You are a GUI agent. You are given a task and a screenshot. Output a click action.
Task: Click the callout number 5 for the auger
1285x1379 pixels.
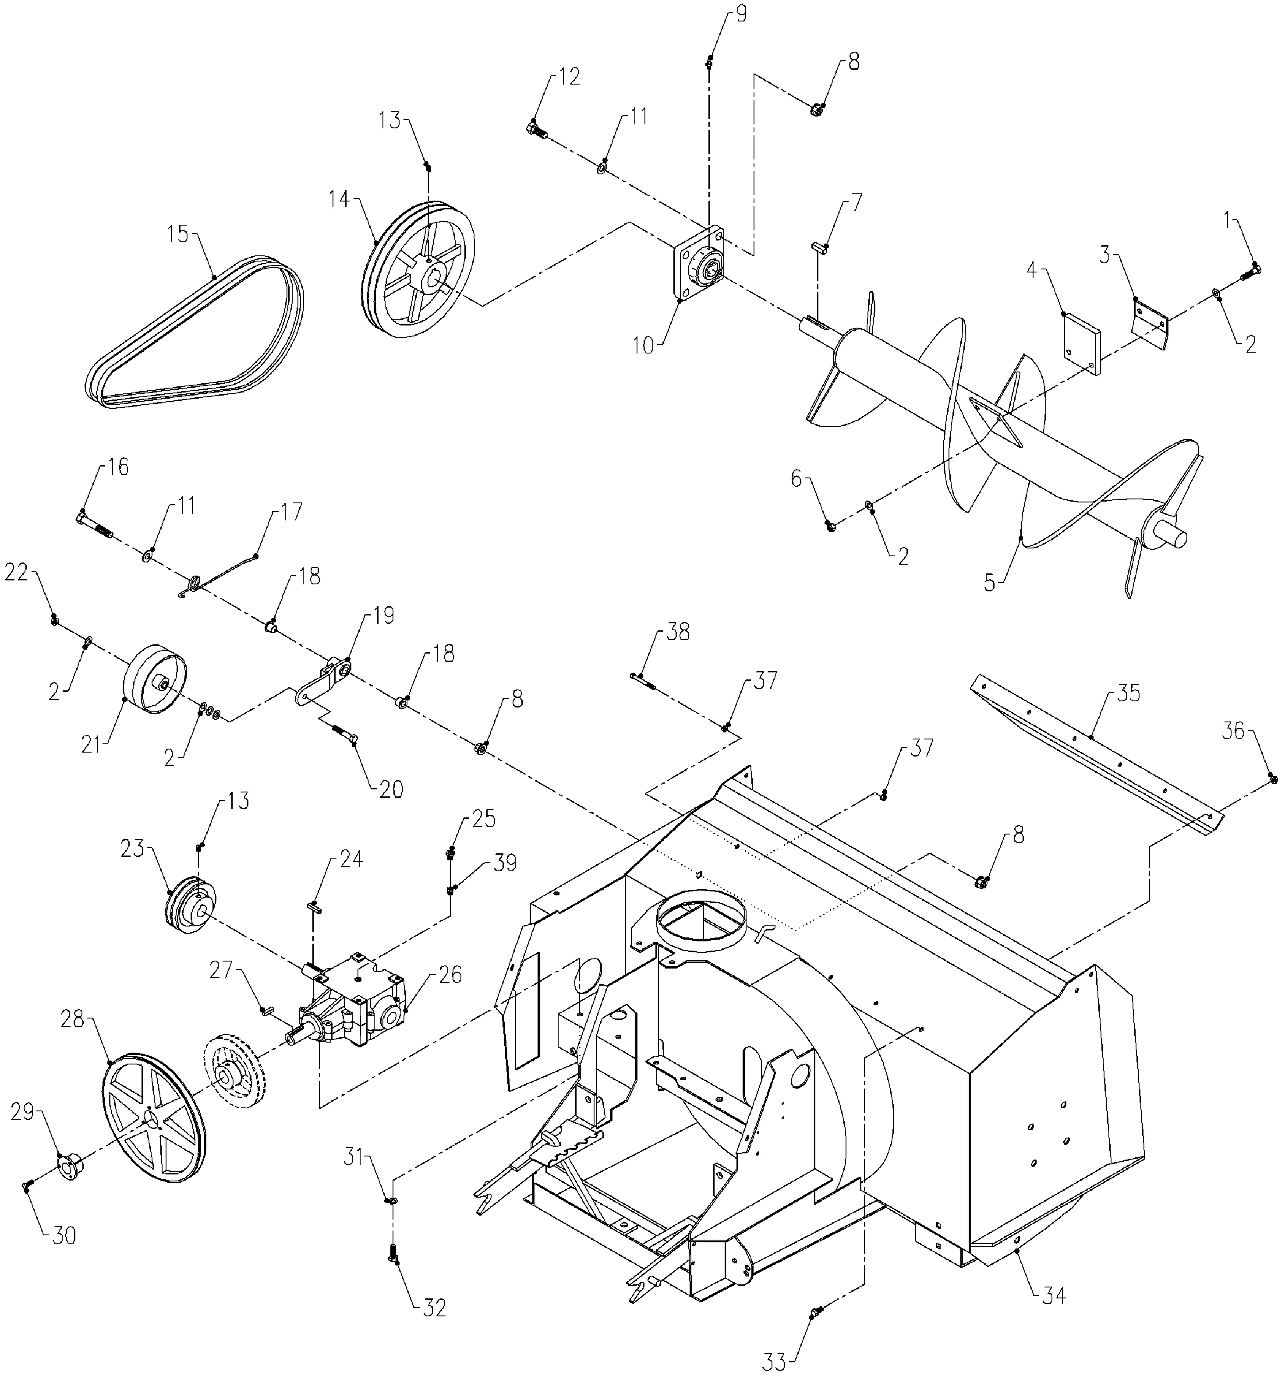[x=989, y=583]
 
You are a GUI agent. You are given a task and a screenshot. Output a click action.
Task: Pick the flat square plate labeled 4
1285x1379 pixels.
[x=1081, y=343]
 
